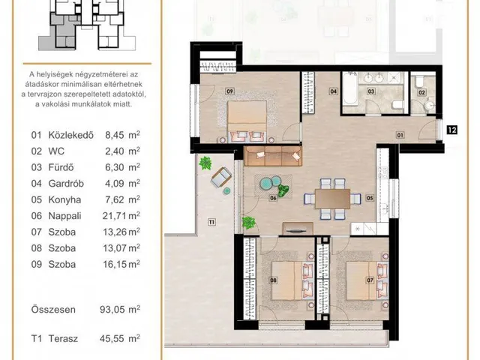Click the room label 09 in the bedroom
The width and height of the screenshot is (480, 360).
[229, 91]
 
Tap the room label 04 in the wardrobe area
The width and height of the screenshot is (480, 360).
[333, 91]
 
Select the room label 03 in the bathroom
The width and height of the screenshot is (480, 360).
[371, 91]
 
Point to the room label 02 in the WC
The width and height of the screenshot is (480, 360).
[421, 92]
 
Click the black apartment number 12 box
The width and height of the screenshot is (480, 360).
[452, 130]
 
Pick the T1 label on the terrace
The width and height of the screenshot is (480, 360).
[211, 222]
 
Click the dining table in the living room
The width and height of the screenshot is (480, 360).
[332, 199]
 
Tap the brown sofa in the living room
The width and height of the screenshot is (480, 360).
[273, 156]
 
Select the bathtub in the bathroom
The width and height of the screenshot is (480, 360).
[349, 88]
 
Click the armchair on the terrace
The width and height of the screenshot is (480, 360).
[221, 177]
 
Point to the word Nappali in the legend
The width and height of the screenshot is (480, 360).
[64, 216]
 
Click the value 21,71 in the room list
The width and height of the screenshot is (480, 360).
[114, 216]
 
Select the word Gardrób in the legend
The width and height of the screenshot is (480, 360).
[66, 184]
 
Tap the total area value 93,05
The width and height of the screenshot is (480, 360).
[112, 310]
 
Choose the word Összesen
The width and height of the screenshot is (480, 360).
[53, 310]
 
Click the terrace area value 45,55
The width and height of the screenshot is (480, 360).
[112, 338]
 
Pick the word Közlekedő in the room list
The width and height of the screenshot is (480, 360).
[71, 135]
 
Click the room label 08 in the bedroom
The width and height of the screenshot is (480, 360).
[273, 280]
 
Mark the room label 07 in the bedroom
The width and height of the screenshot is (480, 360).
[370, 280]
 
